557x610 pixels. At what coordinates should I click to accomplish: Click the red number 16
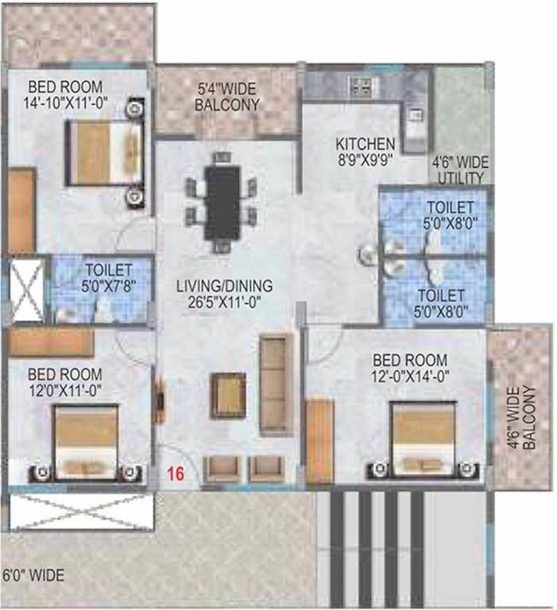[x=176, y=474]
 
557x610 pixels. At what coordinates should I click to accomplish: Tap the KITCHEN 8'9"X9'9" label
[x=365, y=151]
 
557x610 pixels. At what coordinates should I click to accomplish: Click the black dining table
[x=222, y=202]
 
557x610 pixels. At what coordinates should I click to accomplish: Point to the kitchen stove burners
[x=362, y=85]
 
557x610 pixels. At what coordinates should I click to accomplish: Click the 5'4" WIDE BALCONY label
[x=225, y=95]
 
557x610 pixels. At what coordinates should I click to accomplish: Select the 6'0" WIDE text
[x=33, y=575]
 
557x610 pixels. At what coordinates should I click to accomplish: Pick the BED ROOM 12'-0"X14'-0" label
[x=409, y=367]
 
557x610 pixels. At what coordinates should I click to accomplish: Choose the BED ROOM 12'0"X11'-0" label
[x=64, y=382]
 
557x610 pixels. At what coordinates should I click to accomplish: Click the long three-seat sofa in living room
[x=276, y=384]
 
